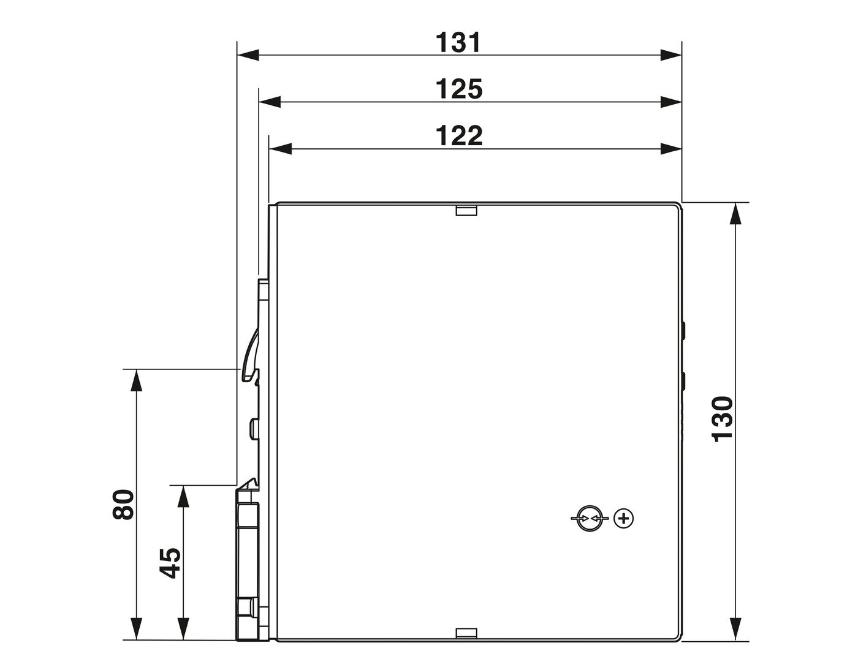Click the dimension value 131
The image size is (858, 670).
coord(458,43)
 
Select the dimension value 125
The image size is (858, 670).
coord(459,89)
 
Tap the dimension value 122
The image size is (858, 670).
coord(459,136)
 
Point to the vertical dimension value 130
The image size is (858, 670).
coord(723,419)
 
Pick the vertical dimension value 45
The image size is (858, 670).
coord(170,563)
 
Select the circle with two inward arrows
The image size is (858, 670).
coord(588,518)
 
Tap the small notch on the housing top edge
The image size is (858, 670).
coord(466,210)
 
